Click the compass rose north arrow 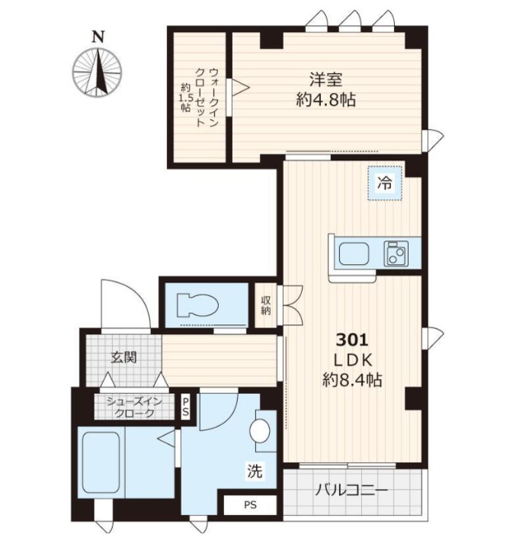click(x=98, y=72)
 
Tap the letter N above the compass click(x=98, y=37)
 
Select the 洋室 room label click(x=325, y=79)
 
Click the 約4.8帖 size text click(x=325, y=100)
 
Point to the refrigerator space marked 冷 click(x=384, y=183)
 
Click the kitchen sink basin click(x=354, y=253)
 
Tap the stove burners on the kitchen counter click(x=396, y=253)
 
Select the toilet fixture click(x=197, y=305)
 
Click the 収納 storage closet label click(x=266, y=305)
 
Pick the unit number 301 click(x=352, y=340)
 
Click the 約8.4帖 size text click(x=352, y=380)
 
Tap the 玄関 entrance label click(x=123, y=357)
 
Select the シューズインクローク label click(x=134, y=407)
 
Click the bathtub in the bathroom click(x=101, y=462)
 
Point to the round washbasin click(x=260, y=430)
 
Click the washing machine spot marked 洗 click(x=255, y=470)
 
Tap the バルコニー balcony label click(x=351, y=490)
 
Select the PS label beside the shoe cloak click(x=185, y=407)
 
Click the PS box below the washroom click(x=250, y=505)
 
